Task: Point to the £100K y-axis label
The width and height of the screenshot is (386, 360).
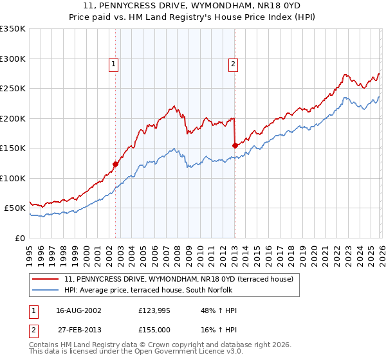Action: [13, 178]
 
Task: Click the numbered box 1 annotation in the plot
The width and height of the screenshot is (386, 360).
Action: [113, 64]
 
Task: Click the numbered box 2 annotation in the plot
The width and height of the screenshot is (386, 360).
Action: [232, 64]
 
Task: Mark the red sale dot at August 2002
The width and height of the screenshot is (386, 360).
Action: [116, 164]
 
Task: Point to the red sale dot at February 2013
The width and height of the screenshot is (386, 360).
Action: [235, 145]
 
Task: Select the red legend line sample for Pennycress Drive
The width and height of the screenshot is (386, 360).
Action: [46, 279]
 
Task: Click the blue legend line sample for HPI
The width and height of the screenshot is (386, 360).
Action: [46, 290]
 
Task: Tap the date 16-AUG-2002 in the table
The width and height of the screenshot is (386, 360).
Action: [74, 310]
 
